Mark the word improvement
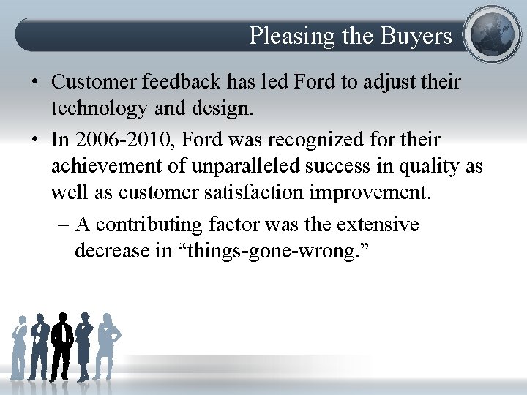pos(387,194)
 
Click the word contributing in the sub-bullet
pos(154,224)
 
